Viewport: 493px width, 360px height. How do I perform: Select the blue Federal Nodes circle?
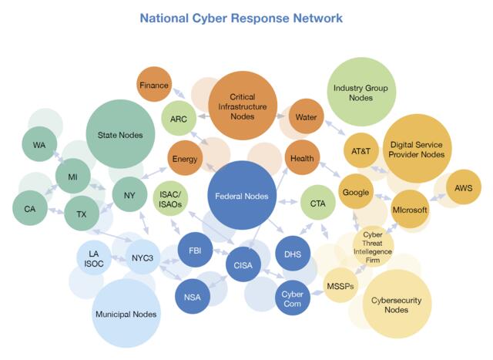click(x=242, y=196)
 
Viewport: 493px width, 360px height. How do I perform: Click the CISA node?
click(x=242, y=266)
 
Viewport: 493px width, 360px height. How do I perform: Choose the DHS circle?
click(x=292, y=254)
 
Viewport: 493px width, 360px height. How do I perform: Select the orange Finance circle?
click(x=154, y=85)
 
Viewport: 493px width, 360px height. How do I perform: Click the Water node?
click(x=306, y=117)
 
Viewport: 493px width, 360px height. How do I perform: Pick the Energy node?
click(x=185, y=159)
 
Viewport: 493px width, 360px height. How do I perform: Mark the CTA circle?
click(x=317, y=203)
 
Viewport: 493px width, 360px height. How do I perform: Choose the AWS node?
click(x=463, y=187)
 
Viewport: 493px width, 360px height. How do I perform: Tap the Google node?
click(x=356, y=193)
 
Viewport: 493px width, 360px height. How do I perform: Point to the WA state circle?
click(x=39, y=145)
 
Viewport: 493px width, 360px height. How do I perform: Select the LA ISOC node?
click(x=94, y=257)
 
